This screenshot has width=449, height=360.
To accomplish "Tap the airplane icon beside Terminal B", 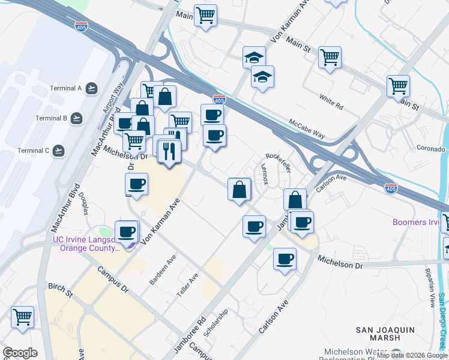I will click(76, 118).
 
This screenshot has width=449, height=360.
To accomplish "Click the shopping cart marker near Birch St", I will click(22, 316).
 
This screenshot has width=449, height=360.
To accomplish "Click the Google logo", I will click(20, 353).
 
